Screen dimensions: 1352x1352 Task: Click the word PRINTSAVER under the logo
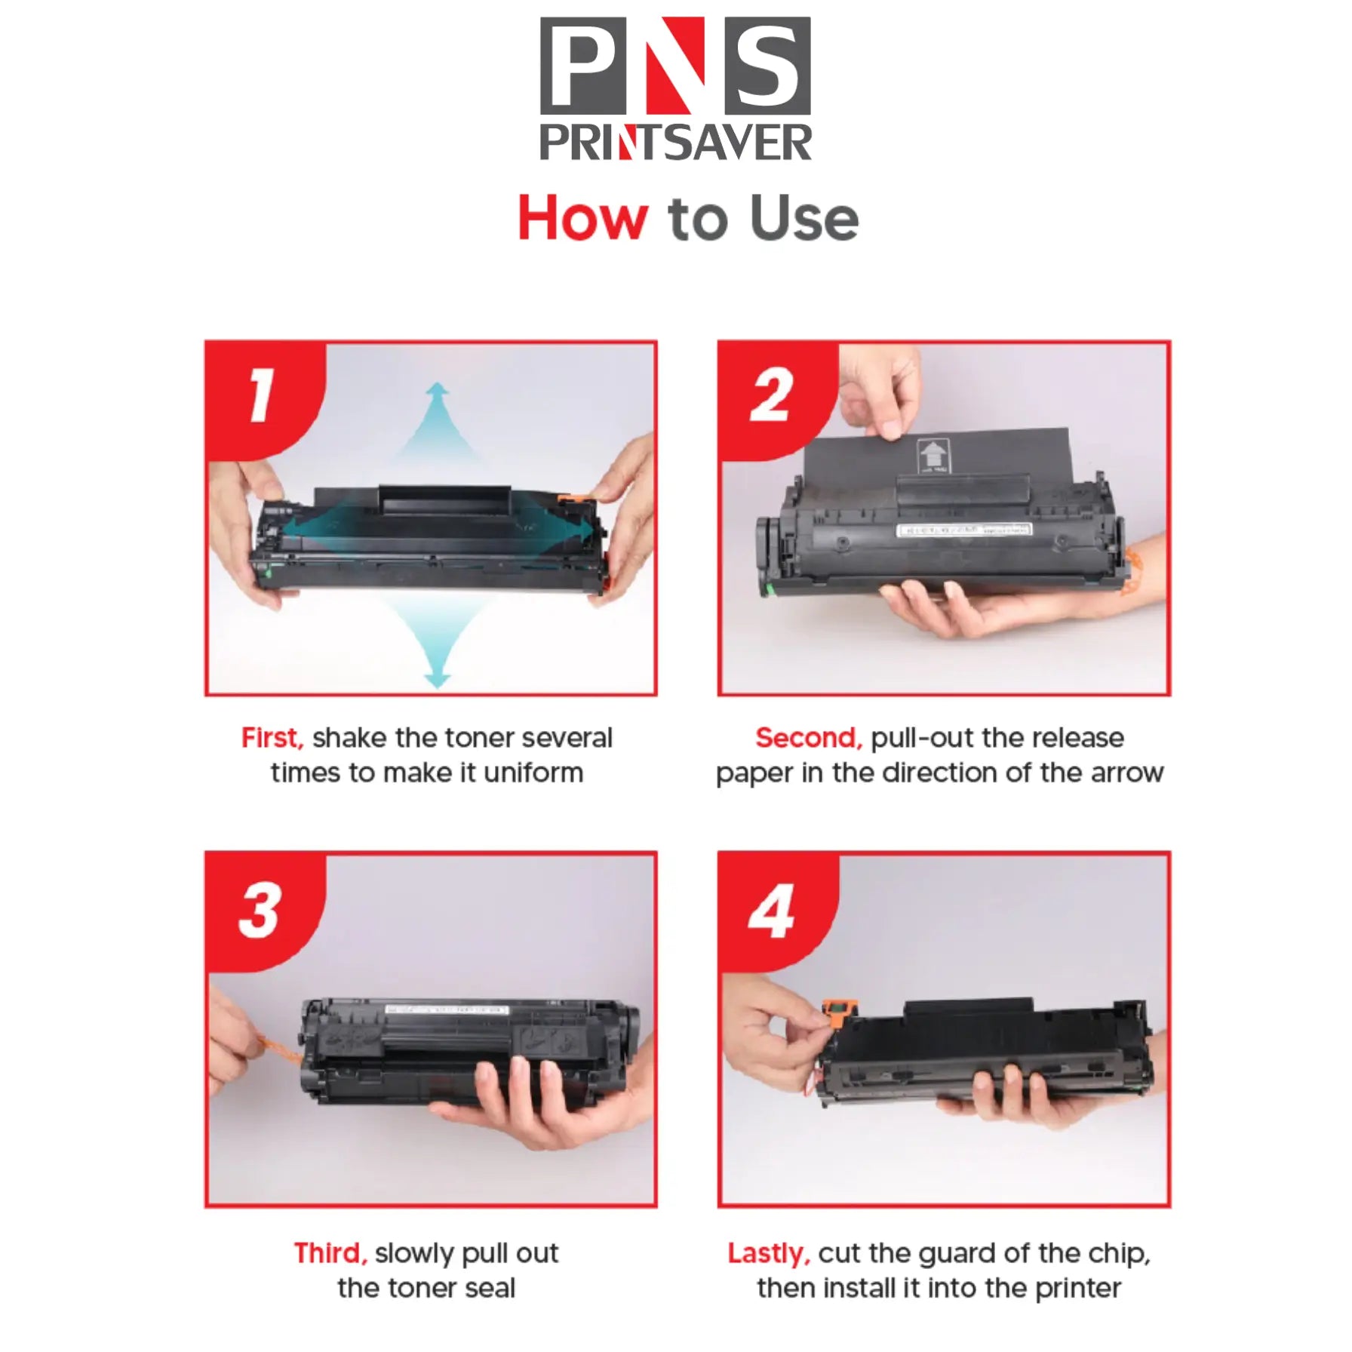[x=675, y=143]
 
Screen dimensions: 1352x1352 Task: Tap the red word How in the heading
[x=582, y=219]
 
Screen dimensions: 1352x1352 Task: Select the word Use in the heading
[x=804, y=219]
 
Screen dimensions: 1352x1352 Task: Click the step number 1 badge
[x=260, y=395]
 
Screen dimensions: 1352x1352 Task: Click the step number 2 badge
[x=771, y=395]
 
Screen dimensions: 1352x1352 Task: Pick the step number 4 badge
[x=771, y=911]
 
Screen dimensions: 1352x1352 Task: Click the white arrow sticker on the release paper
[x=933, y=455]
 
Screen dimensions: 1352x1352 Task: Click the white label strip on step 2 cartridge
[x=963, y=530]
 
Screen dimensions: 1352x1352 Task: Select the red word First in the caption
[x=272, y=738]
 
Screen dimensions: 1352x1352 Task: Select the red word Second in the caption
[x=808, y=738]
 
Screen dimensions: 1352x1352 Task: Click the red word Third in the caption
[x=330, y=1252]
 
